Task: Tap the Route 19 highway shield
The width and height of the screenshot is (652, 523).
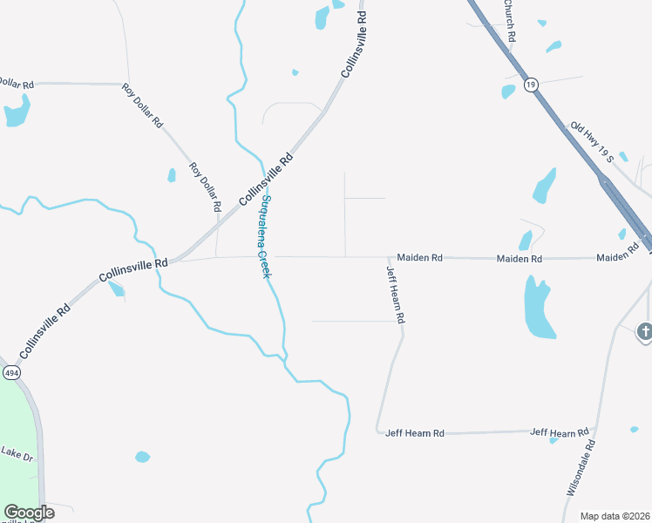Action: coord(532,85)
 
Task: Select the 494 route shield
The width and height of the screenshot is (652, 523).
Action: coord(10,372)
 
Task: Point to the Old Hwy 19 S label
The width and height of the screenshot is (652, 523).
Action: coord(593,142)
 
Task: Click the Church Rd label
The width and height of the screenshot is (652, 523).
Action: coord(511,20)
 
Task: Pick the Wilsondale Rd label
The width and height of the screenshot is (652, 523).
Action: coord(581,468)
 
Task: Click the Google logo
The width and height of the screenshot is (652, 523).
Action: coord(28,513)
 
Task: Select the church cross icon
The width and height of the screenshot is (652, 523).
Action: coord(644,331)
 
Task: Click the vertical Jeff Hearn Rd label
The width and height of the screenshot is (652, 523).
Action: coord(395,295)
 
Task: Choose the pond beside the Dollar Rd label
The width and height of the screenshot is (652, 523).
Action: coord(17,112)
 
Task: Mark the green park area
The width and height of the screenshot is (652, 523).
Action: coord(17,436)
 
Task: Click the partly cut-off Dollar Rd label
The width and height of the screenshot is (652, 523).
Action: coord(16,84)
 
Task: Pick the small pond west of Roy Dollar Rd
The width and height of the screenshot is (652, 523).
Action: coord(172,175)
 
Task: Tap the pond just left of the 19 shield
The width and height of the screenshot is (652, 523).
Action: coord(508,91)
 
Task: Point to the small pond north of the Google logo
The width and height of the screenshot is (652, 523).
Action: coord(142,457)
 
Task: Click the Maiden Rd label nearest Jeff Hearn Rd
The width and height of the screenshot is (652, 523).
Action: coord(420,258)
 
